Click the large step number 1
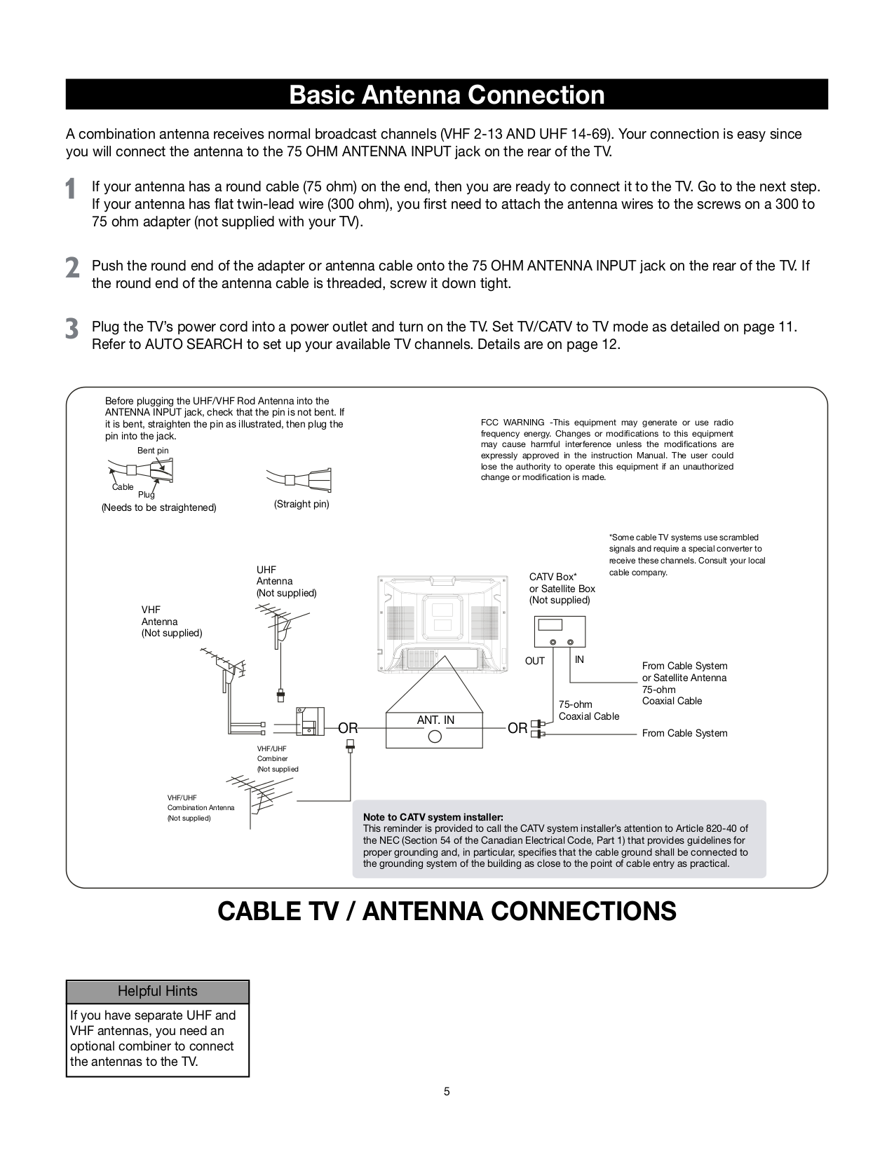(x=71, y=189)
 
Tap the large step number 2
(x=72, y=268)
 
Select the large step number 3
(x=72, y=329)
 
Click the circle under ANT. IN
(x=435, y=737)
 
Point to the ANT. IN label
(x=435, y=720)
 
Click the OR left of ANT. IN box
(x=348, y=728)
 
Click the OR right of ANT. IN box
(x=517, y=728)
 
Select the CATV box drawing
(x=560, y=632)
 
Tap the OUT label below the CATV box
(x=535, y=661)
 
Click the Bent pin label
(x=153, y=451)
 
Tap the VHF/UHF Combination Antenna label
(x=201, y=807)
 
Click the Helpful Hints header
(x=157, y=991)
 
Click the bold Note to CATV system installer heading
(x=433, y=817)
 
